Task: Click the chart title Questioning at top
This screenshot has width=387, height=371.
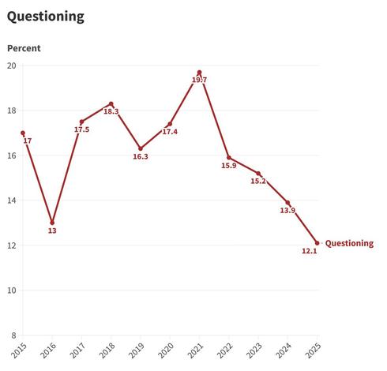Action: point(46,17)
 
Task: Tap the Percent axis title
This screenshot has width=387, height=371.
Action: point(24,48)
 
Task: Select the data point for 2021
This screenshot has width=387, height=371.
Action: point(200,73)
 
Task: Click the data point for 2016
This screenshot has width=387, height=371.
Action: point(52,223)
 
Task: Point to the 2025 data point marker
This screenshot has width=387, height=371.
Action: point(317,243)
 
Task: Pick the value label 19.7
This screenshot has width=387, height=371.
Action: point(200,81)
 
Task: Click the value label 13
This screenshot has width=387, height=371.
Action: point(52,231)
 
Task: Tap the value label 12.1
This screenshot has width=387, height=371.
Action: point(309,252)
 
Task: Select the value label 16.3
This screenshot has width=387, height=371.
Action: point(141,156)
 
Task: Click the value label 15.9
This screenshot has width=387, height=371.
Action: point(228,165)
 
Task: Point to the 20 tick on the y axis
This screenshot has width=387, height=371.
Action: point(11,66)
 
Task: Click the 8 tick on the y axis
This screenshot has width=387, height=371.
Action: point(13,335)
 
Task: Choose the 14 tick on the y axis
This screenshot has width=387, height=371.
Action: point(11,200)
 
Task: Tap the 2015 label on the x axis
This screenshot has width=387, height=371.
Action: point(19,350)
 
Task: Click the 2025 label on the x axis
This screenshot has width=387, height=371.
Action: point(314,350)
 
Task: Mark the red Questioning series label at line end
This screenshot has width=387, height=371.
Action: point(349,243)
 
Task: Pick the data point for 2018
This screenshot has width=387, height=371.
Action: point(111,103)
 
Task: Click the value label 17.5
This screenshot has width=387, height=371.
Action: point(81,129)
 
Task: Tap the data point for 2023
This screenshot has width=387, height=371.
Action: point(258,174)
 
